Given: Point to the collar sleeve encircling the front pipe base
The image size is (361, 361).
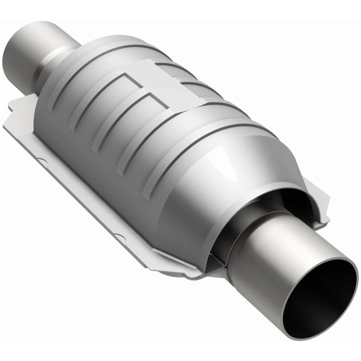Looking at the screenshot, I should coord(226,235).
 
